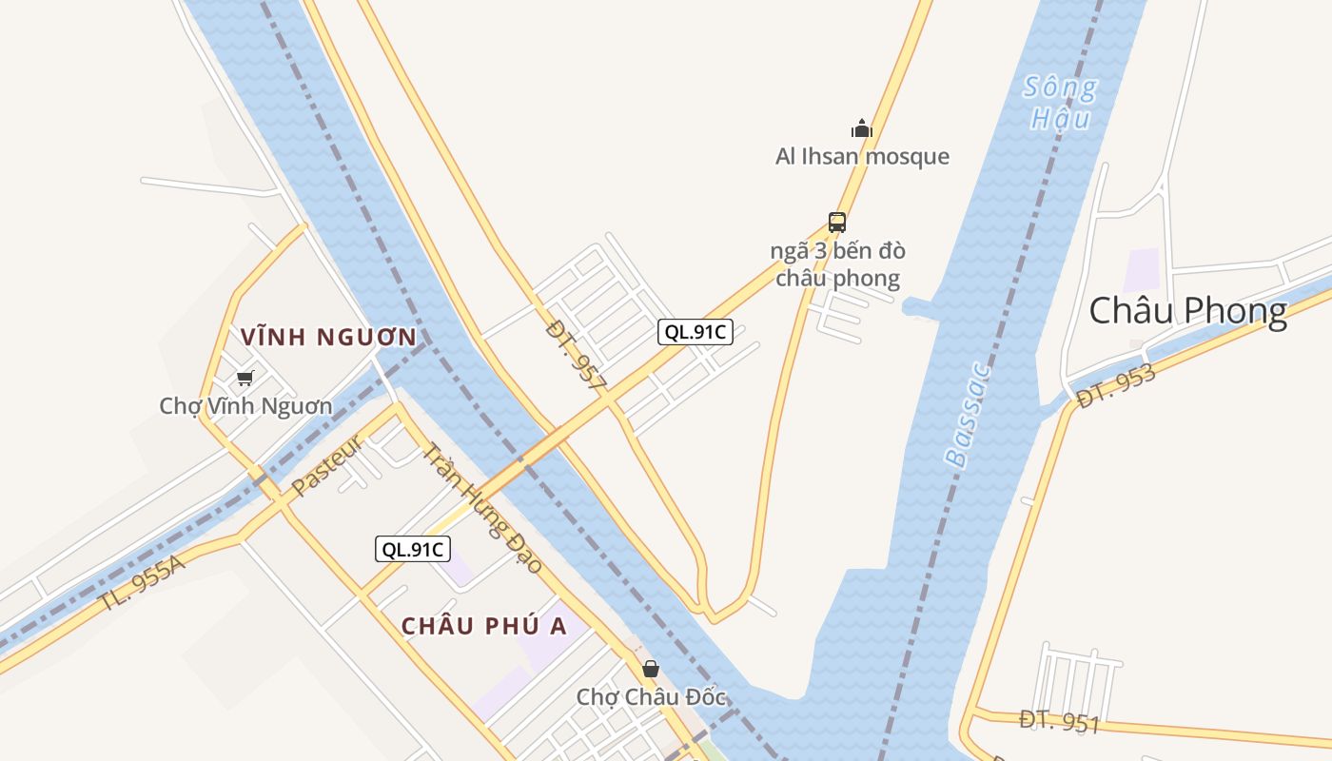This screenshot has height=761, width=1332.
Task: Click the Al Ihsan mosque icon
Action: point(862,128)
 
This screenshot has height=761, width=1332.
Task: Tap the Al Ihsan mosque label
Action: point(862,156)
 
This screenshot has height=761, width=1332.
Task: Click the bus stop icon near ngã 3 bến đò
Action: point(837,223)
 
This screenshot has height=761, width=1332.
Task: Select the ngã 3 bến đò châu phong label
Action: point(837,264)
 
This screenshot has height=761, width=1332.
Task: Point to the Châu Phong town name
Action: point(1187,311)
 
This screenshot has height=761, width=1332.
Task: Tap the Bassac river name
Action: point(969,416)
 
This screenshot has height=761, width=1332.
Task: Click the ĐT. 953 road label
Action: point(1116,386)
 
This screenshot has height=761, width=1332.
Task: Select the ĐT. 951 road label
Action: point(1059,721)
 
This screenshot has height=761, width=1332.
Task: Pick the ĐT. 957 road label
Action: point(577,357)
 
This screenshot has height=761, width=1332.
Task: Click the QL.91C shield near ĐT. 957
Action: point(695,332)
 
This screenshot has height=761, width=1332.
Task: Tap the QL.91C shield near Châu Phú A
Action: point(412,549)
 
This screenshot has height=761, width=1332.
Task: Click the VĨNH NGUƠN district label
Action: point(328,337)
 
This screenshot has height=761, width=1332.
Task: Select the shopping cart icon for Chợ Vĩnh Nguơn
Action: point(245,378)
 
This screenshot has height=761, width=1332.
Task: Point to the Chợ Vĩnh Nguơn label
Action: point(245,406)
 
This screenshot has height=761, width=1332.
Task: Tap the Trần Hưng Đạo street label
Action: point(481,509)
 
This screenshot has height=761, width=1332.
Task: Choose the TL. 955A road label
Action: point(144,583)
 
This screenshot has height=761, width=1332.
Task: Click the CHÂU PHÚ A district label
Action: point(483,626)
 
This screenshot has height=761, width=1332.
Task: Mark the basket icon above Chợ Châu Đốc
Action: point(651,669)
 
